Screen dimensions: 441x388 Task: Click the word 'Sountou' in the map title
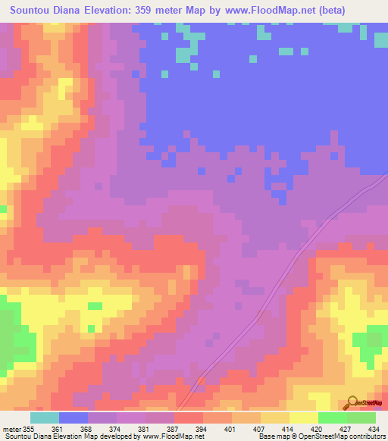click(x=34, y=11)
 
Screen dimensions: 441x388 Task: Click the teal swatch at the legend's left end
click(x=45, y=418)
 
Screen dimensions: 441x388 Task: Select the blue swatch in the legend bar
click(x=74, y=418)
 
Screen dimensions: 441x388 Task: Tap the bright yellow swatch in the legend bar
click(x=304, y=418)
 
